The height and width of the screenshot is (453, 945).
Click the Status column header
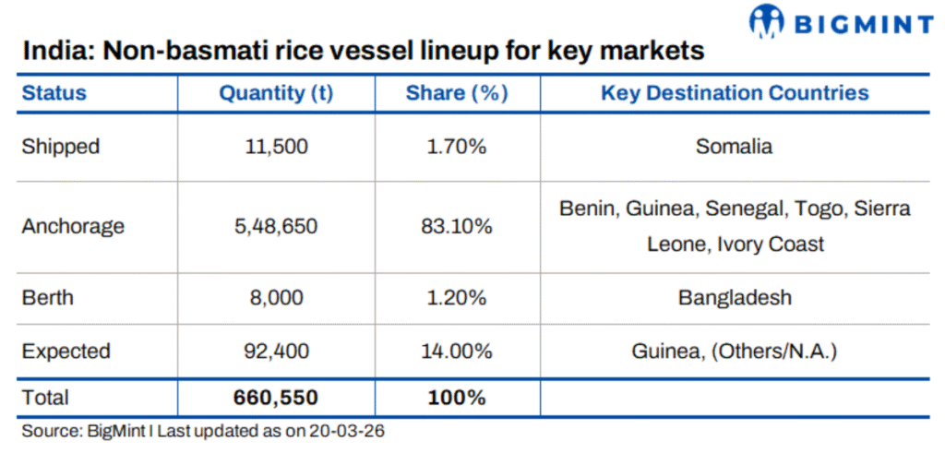tap(54, 93)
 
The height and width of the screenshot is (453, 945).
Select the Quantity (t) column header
tap(276, 93)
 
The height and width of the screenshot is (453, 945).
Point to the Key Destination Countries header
tap(735, 93)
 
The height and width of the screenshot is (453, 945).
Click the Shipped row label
tap(61, 147)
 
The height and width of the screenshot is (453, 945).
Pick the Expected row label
tap(66, 352)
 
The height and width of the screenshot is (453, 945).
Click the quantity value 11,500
tap(275, 147)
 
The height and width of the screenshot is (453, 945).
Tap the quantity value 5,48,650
tap(275, 226)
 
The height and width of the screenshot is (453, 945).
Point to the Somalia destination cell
tap(735, 147)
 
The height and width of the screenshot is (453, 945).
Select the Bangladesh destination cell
tap(735, 299)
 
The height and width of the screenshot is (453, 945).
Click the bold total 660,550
tap(275, 399)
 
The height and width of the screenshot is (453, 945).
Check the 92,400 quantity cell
tap(275, 352)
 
